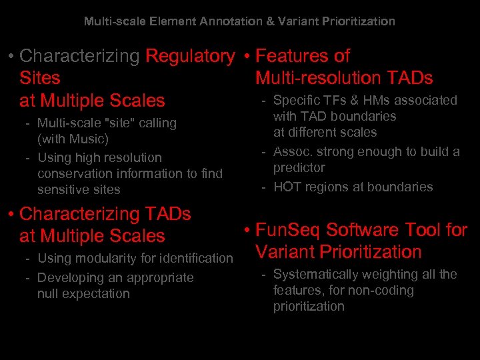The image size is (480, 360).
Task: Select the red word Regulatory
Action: pos(190,56)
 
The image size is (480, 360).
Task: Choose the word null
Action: pos(48,294)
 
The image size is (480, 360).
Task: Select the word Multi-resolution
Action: pos(315,78)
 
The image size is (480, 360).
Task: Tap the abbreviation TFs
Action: pos(331,101)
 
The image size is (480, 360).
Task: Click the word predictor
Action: pos(299,167)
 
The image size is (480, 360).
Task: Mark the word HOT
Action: pos(287,187)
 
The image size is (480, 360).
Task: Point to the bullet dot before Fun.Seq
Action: pos(247,231)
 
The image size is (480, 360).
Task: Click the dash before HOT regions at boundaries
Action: pos(264,187)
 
